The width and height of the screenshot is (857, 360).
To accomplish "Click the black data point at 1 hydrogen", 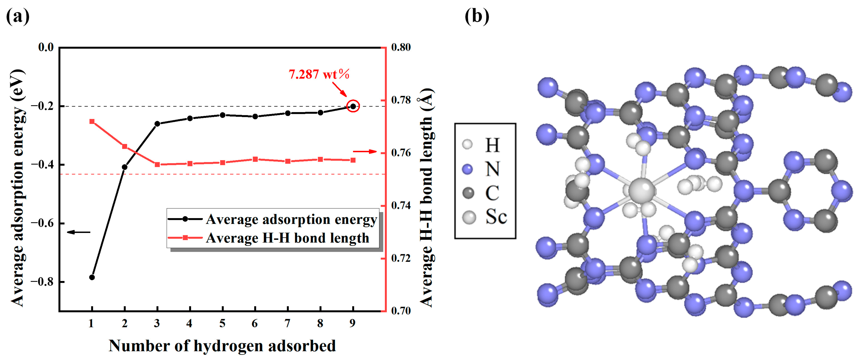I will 92,277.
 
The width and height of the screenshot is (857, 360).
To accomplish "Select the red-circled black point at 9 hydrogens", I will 353,106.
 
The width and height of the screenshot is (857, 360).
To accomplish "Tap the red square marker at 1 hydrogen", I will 92,122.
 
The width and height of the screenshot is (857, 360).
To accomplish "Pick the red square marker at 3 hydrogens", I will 157,164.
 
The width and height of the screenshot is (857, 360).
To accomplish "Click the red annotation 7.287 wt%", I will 319,74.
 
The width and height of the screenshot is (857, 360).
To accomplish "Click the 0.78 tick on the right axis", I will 401,100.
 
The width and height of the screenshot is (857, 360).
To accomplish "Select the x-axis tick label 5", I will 222,323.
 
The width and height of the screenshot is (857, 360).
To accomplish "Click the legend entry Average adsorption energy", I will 291,219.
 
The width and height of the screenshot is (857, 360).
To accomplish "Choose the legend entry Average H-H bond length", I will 287,238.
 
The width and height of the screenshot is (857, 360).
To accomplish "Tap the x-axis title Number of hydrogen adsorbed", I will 222,346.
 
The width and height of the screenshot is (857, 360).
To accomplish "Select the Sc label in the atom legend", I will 496,217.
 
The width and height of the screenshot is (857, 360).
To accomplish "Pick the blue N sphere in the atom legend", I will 468,169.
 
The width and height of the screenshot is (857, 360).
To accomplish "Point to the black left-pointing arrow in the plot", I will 79,232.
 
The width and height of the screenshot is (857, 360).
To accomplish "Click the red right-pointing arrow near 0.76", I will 365,152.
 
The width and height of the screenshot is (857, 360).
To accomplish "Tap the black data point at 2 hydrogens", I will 125,167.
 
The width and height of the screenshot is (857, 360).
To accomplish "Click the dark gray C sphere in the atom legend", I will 468,193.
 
